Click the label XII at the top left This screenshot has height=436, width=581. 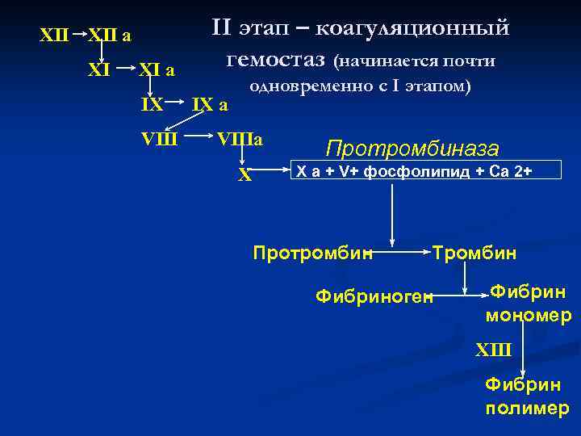54,36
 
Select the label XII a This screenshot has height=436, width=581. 110,36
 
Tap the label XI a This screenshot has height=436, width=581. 157,70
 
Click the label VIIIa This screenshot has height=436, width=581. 240,138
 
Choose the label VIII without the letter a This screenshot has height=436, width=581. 159,138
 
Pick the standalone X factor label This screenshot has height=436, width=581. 245,175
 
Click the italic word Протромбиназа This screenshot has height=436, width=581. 412,149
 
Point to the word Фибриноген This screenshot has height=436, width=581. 374,297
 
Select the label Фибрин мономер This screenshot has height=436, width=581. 528,303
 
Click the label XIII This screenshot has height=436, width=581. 494,349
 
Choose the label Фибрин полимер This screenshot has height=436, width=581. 526,396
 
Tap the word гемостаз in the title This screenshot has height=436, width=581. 276,59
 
